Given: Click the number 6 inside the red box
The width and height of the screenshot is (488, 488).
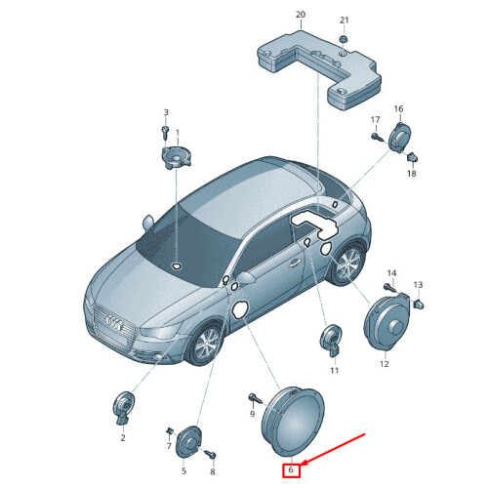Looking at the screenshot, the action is click(x=291, y=469).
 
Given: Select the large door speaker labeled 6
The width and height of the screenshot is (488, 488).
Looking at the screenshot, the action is click(x=293, y=422).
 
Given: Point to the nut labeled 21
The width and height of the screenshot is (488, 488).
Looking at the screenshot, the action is click(x=344, y=40).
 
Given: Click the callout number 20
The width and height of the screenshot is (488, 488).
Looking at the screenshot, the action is click(x=301, y=15).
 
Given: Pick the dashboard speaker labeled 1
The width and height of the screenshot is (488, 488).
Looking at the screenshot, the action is click(x=176, y=158).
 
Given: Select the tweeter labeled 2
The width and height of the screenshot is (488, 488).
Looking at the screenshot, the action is click(x=123, y=408).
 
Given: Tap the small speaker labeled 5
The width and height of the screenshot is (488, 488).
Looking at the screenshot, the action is click(x=188, y=441).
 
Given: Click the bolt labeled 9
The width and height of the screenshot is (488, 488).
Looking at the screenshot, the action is click(x=255, y=398).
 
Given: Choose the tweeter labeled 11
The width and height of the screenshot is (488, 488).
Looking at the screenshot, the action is click(x=331, y=341).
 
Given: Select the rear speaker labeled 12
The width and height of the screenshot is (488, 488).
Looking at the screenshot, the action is click(x=387, y=322).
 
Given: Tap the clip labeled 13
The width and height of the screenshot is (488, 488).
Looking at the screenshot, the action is click(x=419, y=304).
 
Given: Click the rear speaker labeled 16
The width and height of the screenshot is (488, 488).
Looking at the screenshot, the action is click(x=400, y=137).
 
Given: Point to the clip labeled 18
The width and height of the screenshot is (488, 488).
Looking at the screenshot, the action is click(x=413, y=158).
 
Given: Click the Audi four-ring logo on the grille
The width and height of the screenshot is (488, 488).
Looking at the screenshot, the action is click(x=115, y=323).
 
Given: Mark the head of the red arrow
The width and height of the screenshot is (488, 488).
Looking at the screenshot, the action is click(x=302, y=464).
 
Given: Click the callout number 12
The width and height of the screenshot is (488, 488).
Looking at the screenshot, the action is click(x=385, y=364).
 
